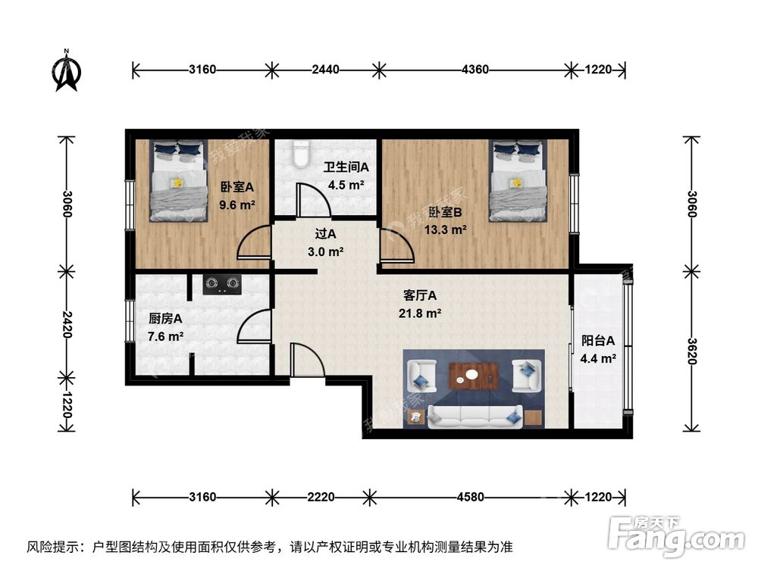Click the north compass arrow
(67, 71)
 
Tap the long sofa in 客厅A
(475, 414)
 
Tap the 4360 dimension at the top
(475, 70)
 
